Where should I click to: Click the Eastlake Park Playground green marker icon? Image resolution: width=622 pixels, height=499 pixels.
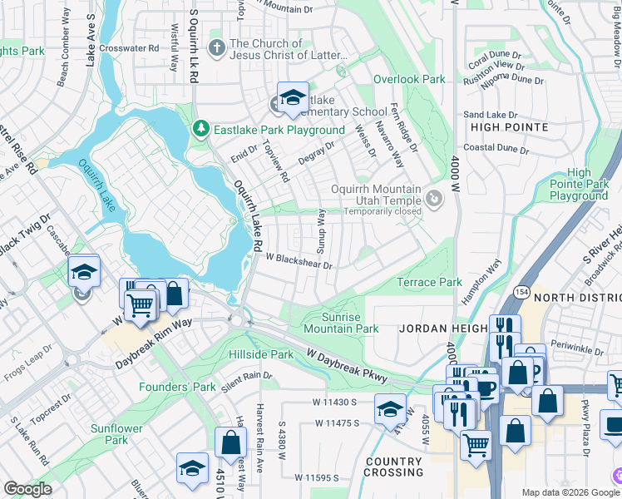click(200, 130)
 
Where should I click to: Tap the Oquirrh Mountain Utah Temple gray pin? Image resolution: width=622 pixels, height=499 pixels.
click(433, 199)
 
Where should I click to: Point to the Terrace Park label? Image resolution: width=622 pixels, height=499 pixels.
click(428, 282)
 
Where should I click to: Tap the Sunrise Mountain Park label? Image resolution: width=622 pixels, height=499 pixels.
click(350, 323)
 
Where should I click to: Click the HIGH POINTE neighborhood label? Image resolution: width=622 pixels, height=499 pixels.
click(509, 127)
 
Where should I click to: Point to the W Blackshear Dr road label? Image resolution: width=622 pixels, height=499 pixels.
click(299, 262)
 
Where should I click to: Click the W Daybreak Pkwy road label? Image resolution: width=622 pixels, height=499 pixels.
click(347, 365)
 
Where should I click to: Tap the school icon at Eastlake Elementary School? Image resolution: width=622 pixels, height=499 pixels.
click(292, 98)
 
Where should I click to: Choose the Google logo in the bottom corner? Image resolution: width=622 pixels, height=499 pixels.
click(27, 488)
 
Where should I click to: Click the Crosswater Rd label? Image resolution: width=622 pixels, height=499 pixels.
click(128, 48)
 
